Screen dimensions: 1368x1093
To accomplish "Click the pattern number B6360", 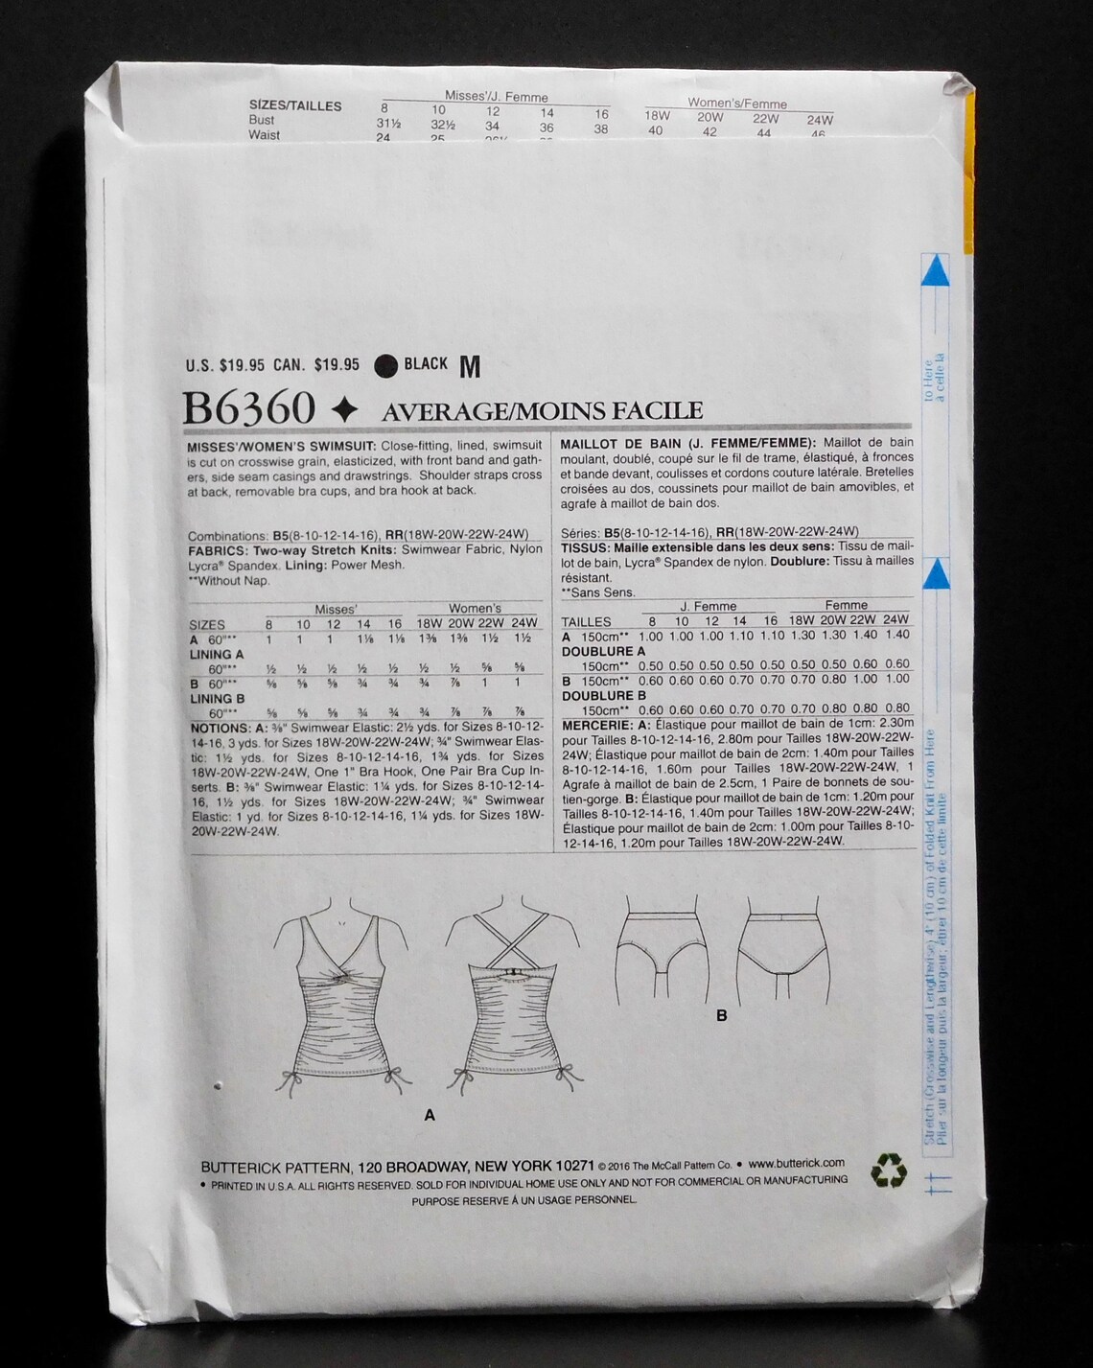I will point(248,409).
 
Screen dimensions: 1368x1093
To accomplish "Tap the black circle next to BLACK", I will point(386,365).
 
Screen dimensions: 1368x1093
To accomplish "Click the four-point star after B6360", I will point(344,410).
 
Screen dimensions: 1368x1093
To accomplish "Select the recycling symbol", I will point(889,1171).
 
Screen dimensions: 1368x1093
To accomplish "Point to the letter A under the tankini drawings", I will point(430,1115).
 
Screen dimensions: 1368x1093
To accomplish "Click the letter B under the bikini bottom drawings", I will point(721,1015).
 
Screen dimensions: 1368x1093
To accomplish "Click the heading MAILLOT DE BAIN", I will point(623,444).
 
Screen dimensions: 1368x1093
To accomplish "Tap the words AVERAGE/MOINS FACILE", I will point(542,411).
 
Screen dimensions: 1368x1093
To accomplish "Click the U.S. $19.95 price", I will point(224,365).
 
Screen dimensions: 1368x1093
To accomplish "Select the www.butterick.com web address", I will point(796,1163).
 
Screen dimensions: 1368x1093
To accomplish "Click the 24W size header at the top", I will point(820,120).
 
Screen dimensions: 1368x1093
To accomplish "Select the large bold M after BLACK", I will point(470,366).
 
